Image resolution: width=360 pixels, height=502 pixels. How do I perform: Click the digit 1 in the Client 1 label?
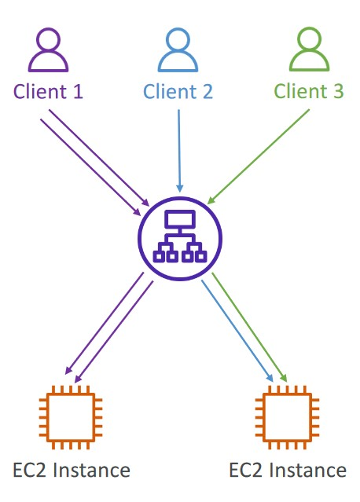pyautogui.click(x=77, y=92)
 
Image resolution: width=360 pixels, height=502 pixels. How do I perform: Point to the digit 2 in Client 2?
pyautogui.click(x=208, y=92)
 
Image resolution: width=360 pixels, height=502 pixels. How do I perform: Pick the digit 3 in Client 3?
pyautogui.click(x=338, y=92)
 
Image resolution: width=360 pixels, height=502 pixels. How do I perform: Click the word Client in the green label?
pyautogui.click(x=300, y=92)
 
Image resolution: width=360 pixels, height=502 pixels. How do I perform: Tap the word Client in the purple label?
pyautogui.click(x=40, y=92)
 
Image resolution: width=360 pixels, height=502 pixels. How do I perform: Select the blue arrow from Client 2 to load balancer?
pyautogui.click(x=179, y=151)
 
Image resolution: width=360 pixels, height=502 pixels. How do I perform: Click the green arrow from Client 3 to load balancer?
pyautogui.click(x=258, y=156)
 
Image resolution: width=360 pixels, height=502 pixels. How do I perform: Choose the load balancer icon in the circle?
pyautogui.click(x=180, y=239)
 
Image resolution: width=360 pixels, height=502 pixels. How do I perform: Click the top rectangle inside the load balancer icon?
pyautogui.click(x=180, y=219)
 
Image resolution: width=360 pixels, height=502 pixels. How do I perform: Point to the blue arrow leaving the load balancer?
pyautogui.click(x=237, y=331)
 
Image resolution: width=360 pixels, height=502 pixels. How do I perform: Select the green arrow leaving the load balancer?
pyautogui.click(x=249, y=327)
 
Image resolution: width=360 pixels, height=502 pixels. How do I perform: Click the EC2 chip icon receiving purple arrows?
pyautogui.click(x=71, y=417)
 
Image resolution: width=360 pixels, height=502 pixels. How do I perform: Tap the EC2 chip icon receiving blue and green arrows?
pyautogui.click(x=288, y=417)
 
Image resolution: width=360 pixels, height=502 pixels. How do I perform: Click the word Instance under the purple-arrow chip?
pyautogui.click(x=91, y=470)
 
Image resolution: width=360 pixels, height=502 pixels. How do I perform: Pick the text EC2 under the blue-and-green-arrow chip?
pyautogui.click(x=245, y=470)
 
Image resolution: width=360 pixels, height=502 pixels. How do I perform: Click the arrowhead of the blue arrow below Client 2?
pyautogui.click(x=180, y=189)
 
